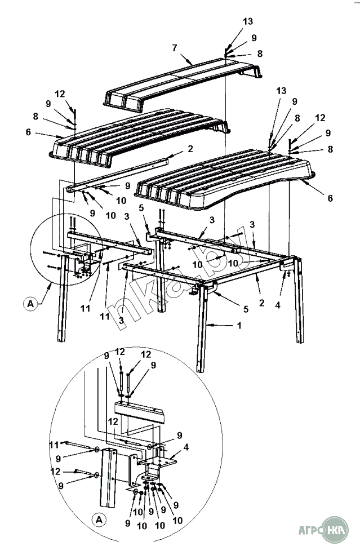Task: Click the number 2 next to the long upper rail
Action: tap(190, 149)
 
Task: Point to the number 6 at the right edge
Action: tap(330, 198)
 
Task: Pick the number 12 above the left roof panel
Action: tap(60, 93)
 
